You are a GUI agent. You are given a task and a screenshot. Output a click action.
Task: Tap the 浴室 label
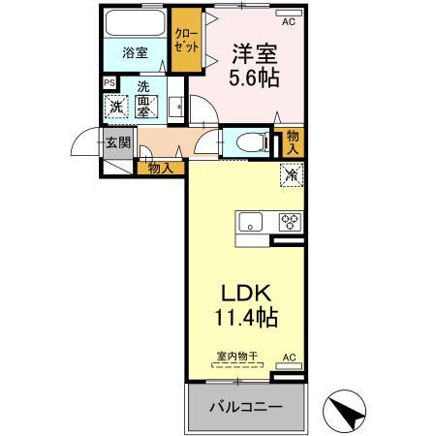point(135,53)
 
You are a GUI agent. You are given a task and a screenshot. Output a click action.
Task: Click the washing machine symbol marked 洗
point(116,108)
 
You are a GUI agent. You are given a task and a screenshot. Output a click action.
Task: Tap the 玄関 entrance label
point(117,143)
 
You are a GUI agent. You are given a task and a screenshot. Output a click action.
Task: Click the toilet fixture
point(246,141)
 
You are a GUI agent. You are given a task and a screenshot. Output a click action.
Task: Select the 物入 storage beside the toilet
point(293,142)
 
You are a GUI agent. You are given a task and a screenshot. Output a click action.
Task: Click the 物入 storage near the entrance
point(161,168)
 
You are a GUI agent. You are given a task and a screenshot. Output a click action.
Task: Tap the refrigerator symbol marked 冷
point(291,175)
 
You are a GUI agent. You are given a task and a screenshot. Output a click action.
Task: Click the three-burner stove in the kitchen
point(290,221)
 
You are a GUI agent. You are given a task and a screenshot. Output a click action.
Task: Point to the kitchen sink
point(250,222)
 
